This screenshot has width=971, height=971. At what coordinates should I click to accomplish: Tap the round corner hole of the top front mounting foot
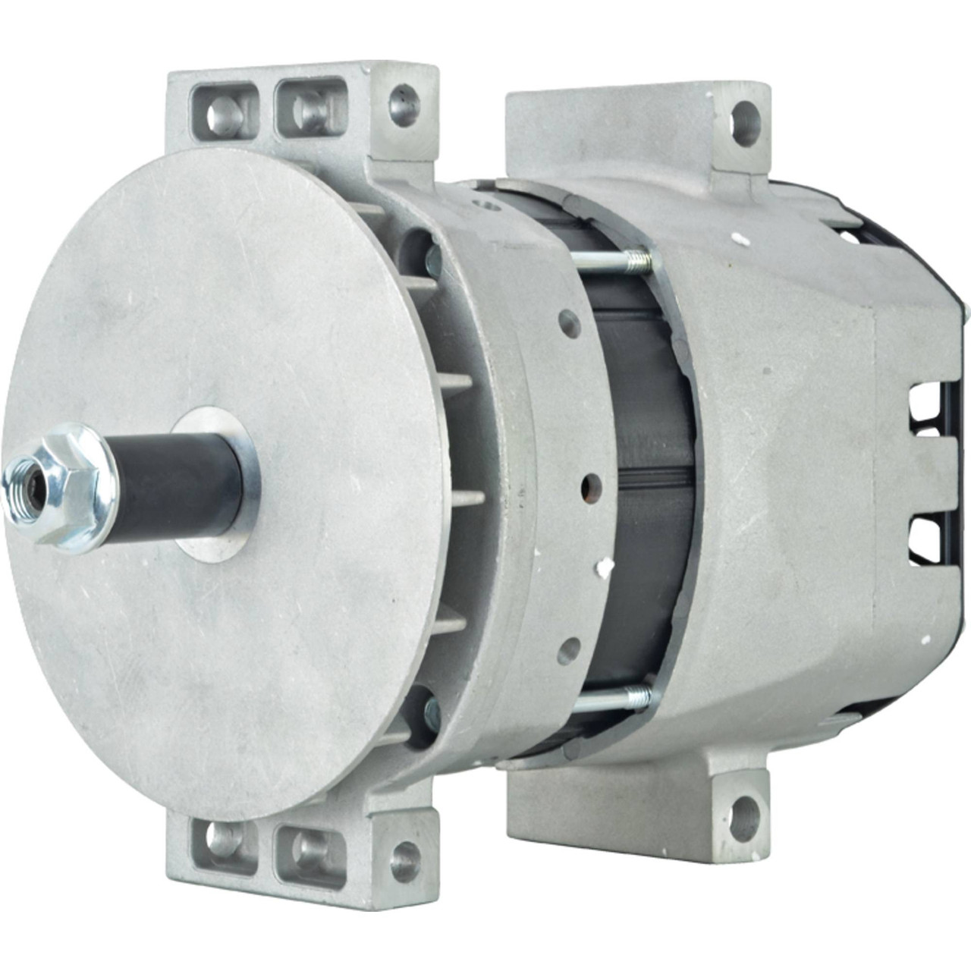tap(404, 107)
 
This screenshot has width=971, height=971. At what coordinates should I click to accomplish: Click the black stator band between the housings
tap(645, 478)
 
